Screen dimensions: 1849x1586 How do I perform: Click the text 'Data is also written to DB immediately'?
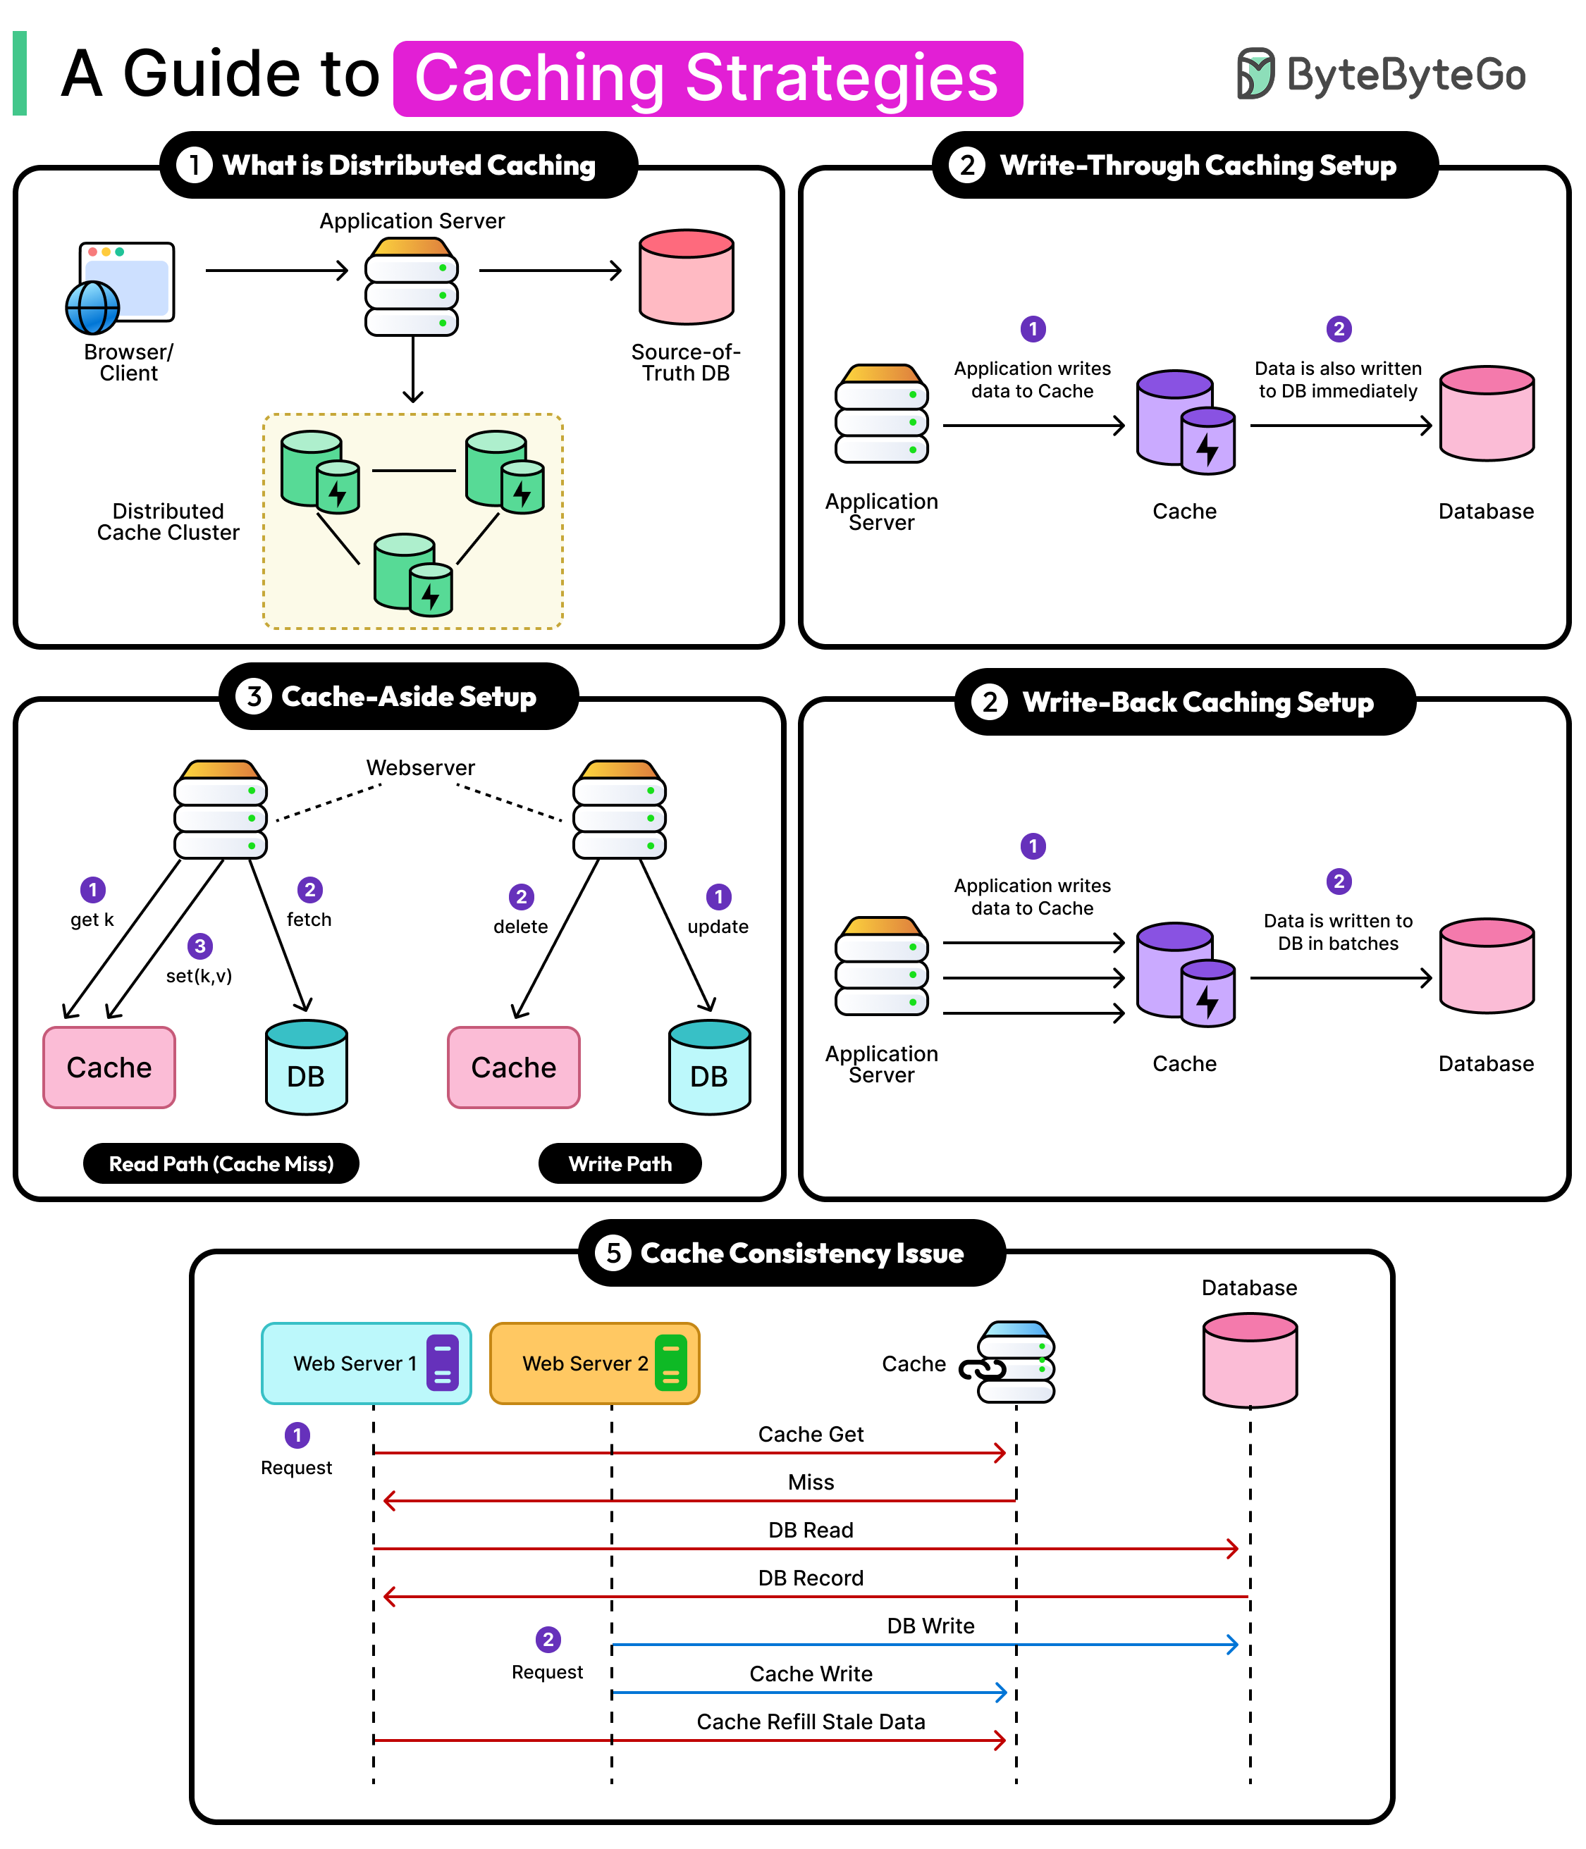pos(1337,379)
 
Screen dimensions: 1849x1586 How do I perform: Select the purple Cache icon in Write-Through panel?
pos(1184,421)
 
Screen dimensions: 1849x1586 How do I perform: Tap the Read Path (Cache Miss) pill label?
pos(221,1163)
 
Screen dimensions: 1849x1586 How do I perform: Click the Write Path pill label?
pos(620,1163)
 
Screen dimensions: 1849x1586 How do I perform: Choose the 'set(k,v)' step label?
pos(199,975)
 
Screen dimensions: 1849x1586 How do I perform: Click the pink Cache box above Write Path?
pos(513,1068)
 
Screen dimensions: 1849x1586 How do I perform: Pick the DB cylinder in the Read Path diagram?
pos(306,1068)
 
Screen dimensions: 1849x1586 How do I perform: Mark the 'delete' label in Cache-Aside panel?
pos(520,927)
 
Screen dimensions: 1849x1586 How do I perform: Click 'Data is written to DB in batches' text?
pos(1337,932)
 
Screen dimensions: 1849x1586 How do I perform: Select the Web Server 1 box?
pos(366,1363)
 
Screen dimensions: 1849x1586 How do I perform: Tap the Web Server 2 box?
pos(594,1363)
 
